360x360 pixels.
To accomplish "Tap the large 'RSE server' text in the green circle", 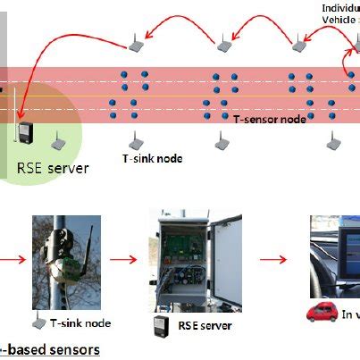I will [53, 167].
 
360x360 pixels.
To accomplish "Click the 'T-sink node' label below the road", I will [152, 158].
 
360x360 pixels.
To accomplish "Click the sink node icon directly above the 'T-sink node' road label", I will [137, 140].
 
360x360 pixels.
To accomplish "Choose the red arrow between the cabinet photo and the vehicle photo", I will [272, 262].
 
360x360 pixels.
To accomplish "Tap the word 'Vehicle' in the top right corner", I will [339, 18].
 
